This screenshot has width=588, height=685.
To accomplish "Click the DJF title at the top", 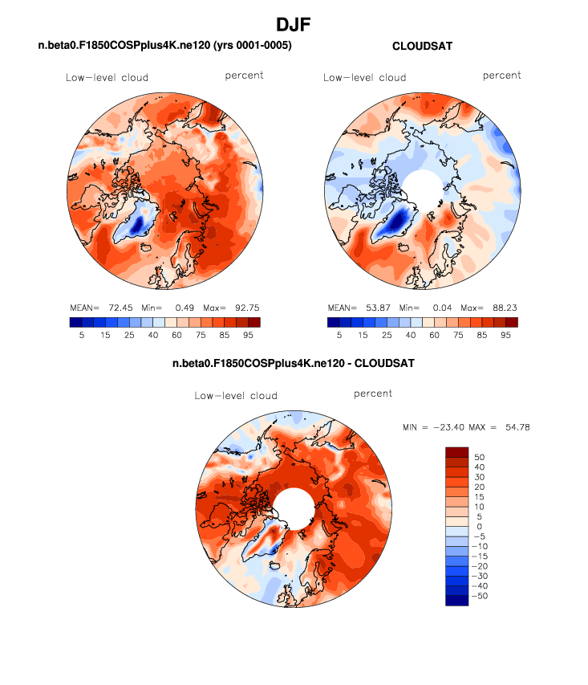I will pos(294,26).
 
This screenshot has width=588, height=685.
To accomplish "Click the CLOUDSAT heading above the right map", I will pos(422,47).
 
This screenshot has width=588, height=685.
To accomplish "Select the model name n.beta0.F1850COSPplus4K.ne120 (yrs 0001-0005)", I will pos(164,46).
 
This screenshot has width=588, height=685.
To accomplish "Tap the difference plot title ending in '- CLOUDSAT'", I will pos(294,364).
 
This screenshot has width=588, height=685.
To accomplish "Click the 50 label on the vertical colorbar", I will pos(480,457).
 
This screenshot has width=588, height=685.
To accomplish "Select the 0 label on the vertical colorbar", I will pos(480,527).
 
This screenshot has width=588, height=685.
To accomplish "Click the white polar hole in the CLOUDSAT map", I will pos(421,193).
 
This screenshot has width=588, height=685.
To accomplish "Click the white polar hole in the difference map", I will pos(294,509).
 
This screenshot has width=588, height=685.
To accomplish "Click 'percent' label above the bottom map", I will pos(373,393).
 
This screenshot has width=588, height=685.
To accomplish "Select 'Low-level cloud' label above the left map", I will pos(107,78).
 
